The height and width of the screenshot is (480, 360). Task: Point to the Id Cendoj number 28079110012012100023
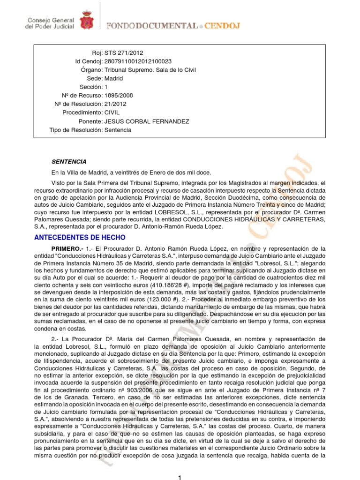tap(138, 62)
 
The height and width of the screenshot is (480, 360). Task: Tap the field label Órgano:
tap(91, 70)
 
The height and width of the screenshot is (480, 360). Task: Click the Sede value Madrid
tap(114, 79)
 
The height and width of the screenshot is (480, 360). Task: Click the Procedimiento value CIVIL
tap(112, 113)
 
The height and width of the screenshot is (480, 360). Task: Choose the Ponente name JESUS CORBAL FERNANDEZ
tap(147, 121)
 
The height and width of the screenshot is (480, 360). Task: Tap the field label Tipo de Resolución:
tap(75, 130)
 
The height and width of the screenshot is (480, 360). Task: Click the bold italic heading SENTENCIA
tap(69, 162)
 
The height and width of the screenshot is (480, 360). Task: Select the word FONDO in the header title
tap(120, 25)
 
